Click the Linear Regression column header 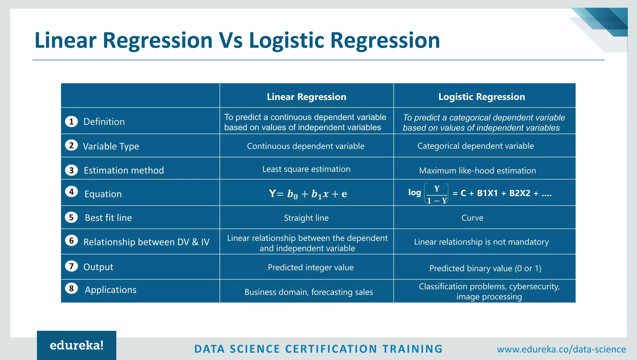click(306, 97)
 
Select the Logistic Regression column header click(481, 97)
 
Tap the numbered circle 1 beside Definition click(71, 121)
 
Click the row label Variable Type click(111, 146)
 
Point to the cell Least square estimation click(306, 169)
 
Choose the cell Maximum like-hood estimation click(477, 171)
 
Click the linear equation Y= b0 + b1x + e click(308, 194)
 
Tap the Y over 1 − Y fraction click(436, 194)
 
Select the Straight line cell click(306, 218)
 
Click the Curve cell click(472, 218)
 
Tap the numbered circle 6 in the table click(71, 241)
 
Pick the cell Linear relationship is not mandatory click(481, 242)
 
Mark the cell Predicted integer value click(310, 267)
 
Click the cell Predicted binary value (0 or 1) click(485, 268)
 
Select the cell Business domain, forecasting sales click(309, 292)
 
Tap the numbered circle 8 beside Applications click(71, 288)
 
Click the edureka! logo click(77, 345)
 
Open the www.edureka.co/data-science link click(561, 349)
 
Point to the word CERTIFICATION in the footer click(331, 349)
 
